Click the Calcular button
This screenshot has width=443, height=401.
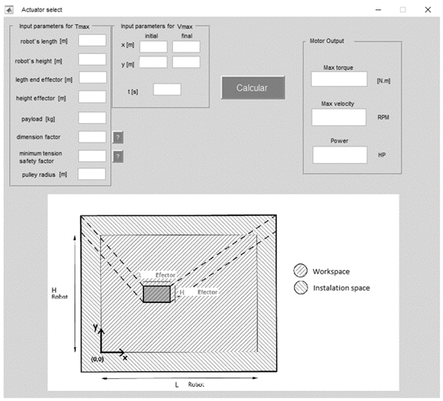tap(253, 88)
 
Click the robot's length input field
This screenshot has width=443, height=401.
tap(92, 40)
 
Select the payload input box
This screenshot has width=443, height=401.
tap(92, 117)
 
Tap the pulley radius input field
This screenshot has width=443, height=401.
tap(92, 174)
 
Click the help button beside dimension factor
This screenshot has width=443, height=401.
tap(118, 137)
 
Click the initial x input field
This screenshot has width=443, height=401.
tap(153, 47)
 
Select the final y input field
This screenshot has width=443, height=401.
tap(186, 62)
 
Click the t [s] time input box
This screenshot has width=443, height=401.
tap(167, 89)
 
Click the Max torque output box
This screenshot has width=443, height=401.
tap(339, 79)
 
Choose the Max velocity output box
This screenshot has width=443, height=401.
tap(339, 117)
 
